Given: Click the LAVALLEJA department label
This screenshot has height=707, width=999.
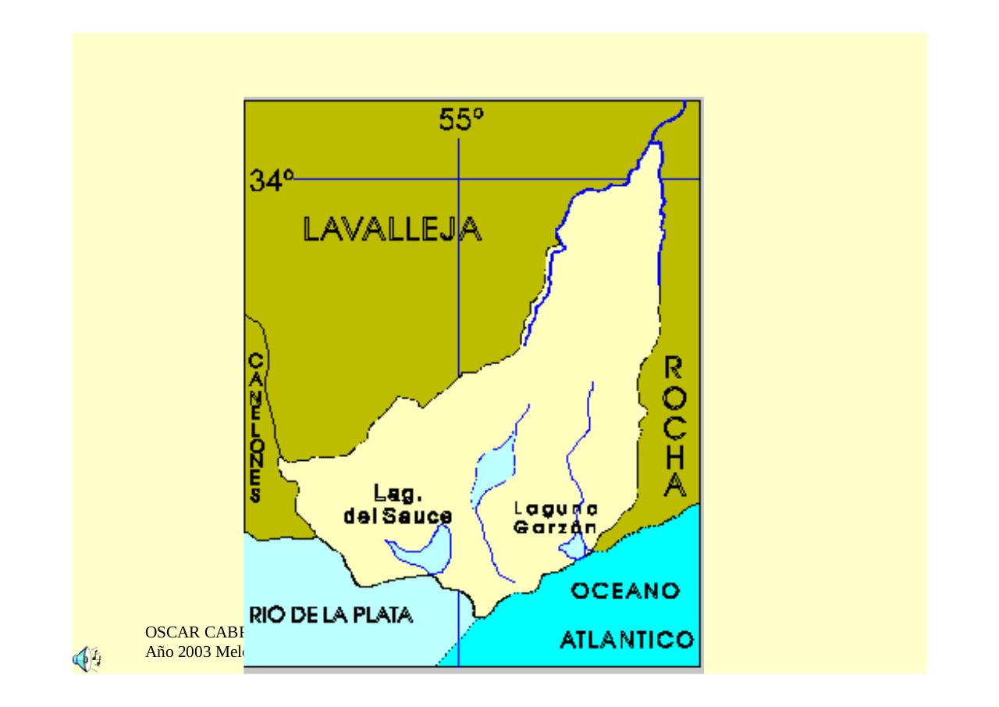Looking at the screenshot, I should pos(392,229).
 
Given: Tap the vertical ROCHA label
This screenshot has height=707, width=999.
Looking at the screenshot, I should pos(674,427).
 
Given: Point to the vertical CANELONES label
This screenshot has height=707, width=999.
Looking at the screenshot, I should pos(256,427).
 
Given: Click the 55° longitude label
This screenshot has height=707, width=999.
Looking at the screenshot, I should pos(460,120).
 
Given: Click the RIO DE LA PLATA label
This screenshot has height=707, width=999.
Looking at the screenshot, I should pos(331,615).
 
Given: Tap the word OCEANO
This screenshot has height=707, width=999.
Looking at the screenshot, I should pos(625,591).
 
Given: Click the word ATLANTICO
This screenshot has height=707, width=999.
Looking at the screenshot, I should pos(627,641).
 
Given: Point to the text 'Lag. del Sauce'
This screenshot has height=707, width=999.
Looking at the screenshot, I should pos(398,505).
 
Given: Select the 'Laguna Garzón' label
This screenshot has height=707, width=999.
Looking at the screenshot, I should pos(556,518).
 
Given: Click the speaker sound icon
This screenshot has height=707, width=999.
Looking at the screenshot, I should pos(86,659).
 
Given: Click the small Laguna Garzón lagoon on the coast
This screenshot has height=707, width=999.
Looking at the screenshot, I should pos(574,547).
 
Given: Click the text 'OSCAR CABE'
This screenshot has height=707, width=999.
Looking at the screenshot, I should pos(195,632).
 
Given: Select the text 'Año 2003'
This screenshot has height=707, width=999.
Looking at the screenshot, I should pos(179,652).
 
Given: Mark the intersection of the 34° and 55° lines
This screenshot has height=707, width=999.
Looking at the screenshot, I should pos(459,179).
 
